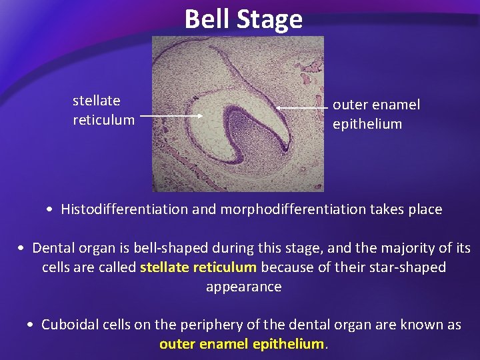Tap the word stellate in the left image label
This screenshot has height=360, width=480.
[96, 101]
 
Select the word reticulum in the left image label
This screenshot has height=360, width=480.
[103, 120]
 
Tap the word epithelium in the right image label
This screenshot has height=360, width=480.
[367, 124]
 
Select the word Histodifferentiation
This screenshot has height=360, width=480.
[125, 209]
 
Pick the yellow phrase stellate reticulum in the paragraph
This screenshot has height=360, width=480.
[198, 268]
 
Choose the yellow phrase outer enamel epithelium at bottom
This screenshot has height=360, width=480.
[241, 344]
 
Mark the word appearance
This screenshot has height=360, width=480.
[243, 287]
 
